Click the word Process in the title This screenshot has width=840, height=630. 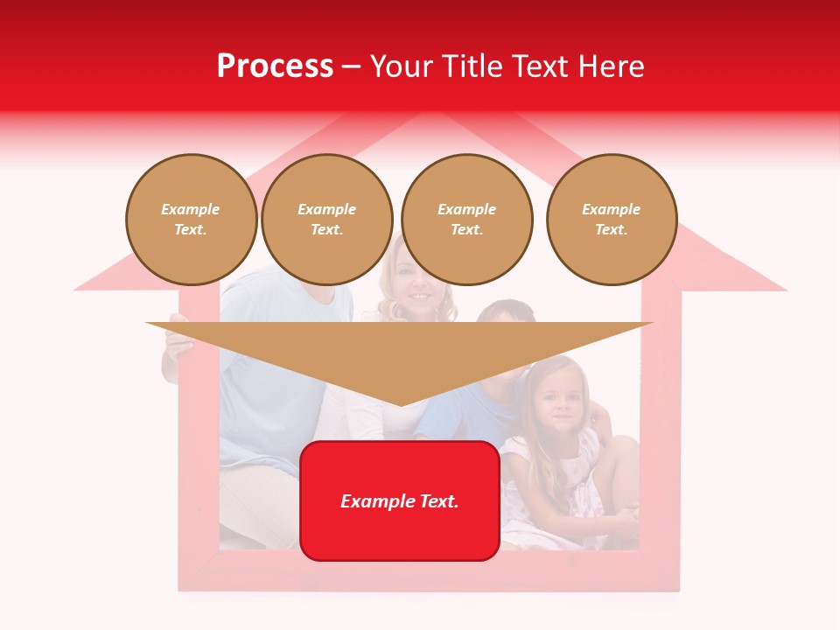[x=275, y=66]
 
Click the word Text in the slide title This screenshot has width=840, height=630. [x=544, y=66]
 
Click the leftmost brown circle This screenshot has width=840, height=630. [x=191, y=220]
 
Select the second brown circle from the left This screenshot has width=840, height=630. [x=327, y=220]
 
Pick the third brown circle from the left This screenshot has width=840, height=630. [x=466, y=220]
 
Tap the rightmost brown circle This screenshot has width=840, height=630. [x=612, y=220]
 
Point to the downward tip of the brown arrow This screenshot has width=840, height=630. [x=400, y=404]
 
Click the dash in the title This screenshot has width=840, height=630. [x=352, y=67]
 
